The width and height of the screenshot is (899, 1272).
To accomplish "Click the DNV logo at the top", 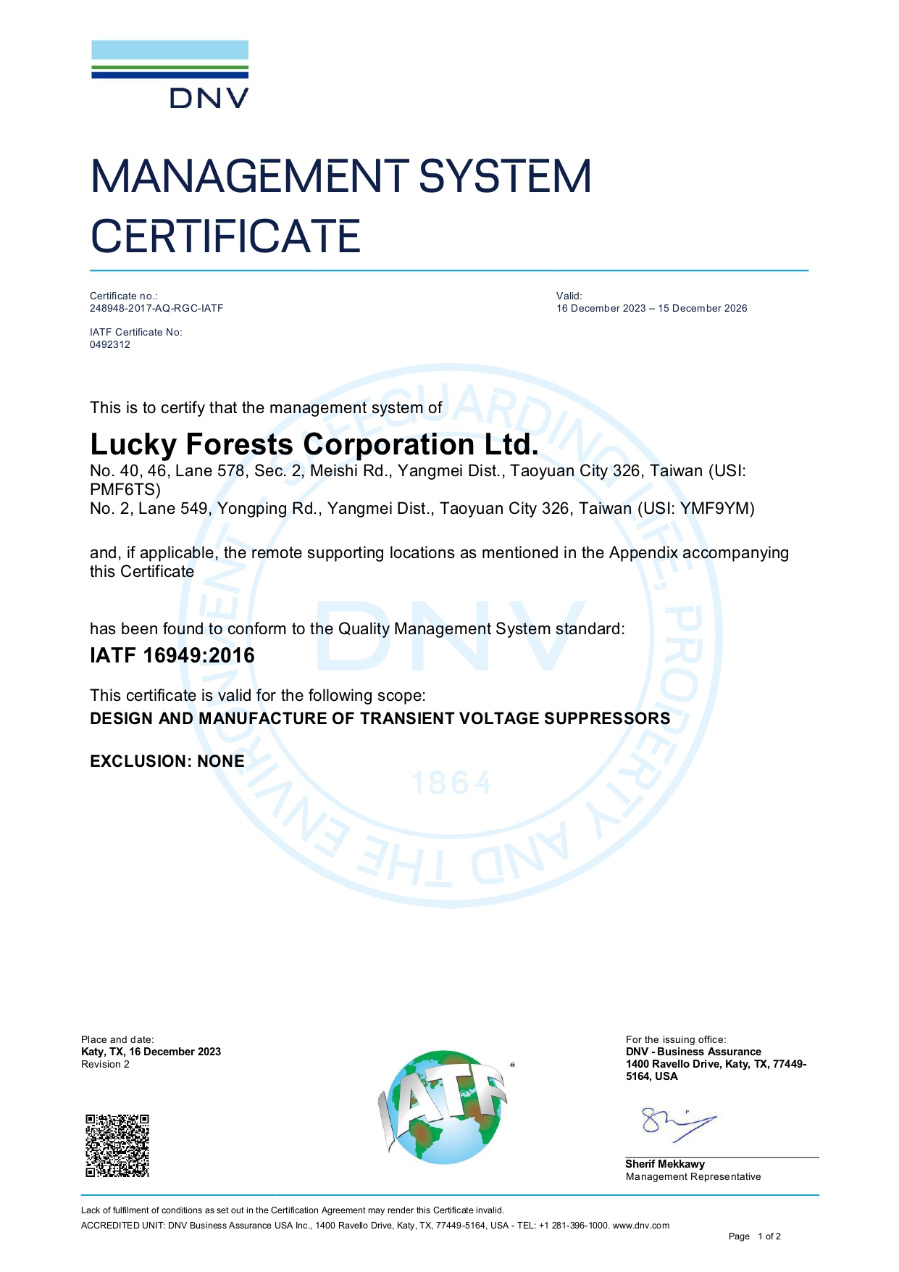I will pos(170,75).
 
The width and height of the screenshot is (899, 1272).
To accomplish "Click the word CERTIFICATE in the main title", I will pos(225,237).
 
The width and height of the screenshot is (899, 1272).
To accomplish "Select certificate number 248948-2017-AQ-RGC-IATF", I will pos(156,308).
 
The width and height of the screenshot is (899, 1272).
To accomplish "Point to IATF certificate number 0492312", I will pos(110,344).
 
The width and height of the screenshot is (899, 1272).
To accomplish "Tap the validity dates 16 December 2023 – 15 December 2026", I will pos(651,308).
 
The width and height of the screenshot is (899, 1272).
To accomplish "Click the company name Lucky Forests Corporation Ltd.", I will pos(314,444).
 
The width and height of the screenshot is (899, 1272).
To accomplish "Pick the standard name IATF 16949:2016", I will pos(172,655).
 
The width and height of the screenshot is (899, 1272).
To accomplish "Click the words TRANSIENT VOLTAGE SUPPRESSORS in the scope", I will pos(515,718).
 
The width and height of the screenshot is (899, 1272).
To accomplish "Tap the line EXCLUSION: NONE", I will pos(167,761).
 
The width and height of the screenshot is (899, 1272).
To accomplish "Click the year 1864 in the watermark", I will pos(452,783).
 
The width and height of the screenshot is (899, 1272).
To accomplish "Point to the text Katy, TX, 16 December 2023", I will pos(151,1052).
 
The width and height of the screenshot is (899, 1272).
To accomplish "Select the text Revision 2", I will pos(105,1064).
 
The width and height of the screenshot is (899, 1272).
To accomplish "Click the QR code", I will pos(117,1145).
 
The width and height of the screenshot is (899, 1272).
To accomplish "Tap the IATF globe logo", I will pos(443,1106).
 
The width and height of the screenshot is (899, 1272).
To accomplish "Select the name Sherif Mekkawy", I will pos(665,1164).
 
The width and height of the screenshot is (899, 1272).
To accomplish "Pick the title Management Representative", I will pos(693,1176).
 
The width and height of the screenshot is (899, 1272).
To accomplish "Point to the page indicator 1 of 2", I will pos(769,1236).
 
